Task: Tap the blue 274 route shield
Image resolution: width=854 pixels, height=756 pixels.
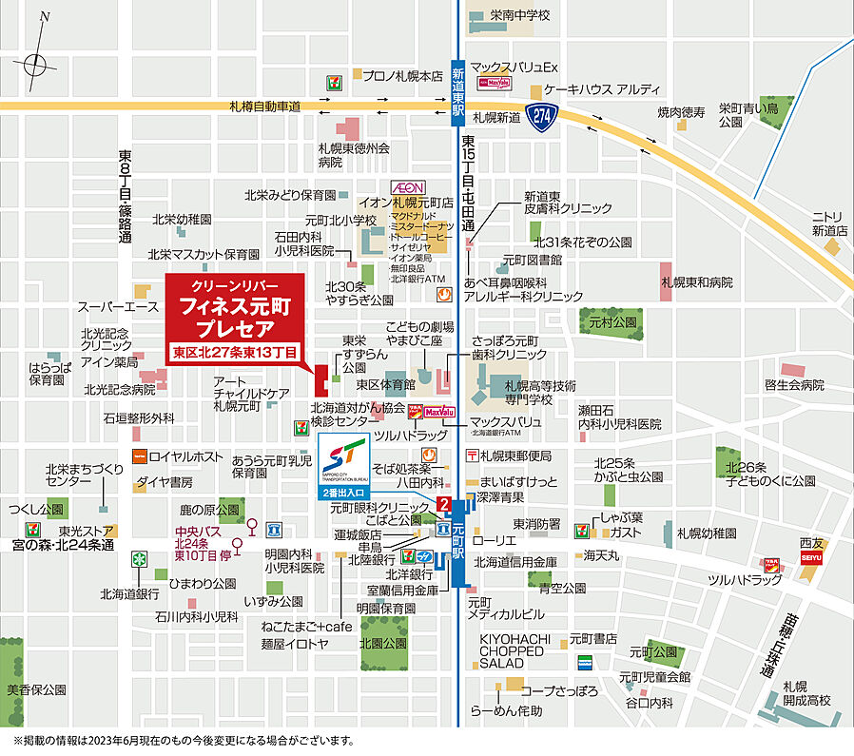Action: coord(543,116)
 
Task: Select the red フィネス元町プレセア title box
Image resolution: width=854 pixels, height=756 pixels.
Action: coord(235,308)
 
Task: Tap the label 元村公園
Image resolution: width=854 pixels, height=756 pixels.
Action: coord(611,323)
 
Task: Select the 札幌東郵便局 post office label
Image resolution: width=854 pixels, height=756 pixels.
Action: coord(516,455)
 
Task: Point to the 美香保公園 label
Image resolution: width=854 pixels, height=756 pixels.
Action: coord(35,689)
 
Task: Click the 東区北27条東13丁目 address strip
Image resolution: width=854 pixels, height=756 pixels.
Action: coord(235,351)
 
